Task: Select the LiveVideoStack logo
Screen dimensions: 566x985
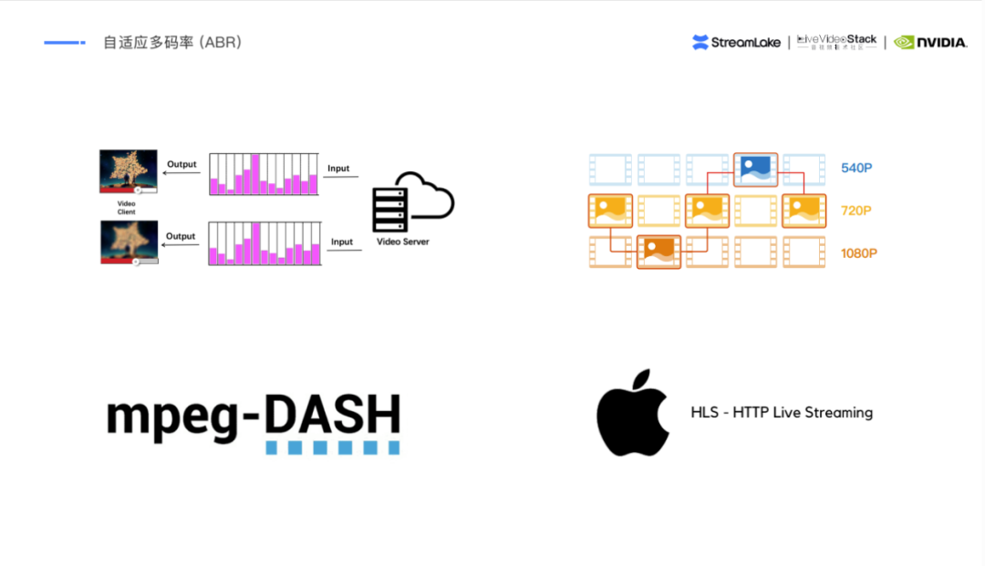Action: coord(836,42)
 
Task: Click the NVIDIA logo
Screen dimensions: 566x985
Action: coord(929,42)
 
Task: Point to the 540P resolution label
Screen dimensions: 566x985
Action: coord(857,168)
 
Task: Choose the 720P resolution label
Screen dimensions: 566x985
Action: coord(857,211)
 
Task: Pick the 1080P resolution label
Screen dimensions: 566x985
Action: coord(859,252)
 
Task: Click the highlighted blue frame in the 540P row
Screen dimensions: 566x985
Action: coord(755,169)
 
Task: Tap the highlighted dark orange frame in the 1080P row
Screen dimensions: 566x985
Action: coord(658,251)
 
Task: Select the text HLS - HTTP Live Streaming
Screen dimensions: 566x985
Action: coord(782,413)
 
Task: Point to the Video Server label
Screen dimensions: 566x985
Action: coord(403,242)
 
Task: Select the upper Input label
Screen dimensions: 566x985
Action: coord(338,169)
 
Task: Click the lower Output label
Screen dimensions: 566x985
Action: coord(181,236)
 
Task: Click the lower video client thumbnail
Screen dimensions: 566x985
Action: coord(129,242)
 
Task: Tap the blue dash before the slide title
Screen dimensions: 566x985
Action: coord(64,42)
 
